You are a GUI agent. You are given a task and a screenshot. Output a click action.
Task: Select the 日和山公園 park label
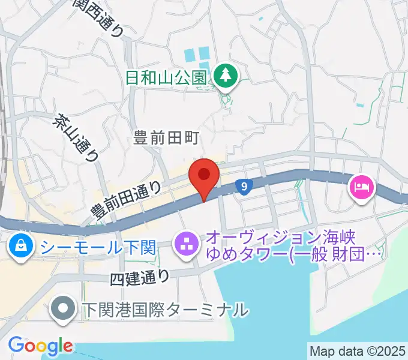[166, 77]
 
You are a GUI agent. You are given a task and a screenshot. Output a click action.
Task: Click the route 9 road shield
[242, 187]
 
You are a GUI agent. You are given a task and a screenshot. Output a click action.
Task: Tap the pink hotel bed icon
[362, 188]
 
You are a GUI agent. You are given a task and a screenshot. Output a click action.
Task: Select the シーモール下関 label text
[98, 246]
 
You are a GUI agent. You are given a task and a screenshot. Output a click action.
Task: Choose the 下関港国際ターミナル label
[164, 310]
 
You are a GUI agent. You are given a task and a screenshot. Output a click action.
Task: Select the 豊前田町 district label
[165, 139]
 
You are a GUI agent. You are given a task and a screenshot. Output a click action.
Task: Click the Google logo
[40, 346]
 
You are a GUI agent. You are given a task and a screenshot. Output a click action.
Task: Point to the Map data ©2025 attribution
[357, 350]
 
